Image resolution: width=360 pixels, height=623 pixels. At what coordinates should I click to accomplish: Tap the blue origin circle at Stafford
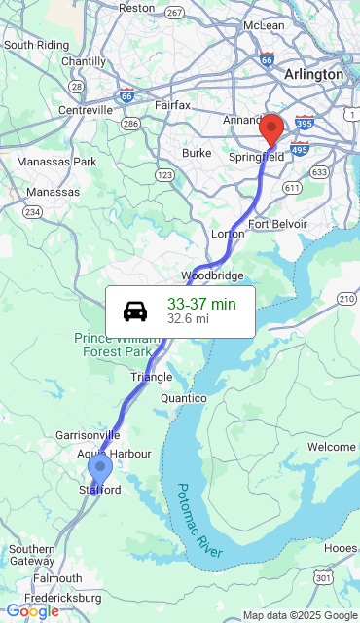(99, 467)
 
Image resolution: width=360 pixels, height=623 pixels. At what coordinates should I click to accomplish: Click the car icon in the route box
(135, 311)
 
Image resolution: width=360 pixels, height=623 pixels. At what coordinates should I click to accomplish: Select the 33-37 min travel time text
(201, 304)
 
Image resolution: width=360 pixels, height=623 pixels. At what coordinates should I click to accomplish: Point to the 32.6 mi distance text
(188, 318)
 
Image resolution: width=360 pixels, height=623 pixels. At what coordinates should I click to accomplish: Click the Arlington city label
(313, 74)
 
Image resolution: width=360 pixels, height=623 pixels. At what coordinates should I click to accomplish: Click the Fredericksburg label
(63, 596)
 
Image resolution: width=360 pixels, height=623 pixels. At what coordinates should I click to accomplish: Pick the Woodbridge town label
(212, 275)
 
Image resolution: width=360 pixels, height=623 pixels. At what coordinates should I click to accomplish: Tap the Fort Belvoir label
(277, 224)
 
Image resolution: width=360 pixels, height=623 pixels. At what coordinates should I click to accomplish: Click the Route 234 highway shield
(33, 212)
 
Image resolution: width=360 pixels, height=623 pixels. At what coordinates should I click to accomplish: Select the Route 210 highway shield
(346, 297)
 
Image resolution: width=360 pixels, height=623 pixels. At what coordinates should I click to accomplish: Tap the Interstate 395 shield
(304, 123)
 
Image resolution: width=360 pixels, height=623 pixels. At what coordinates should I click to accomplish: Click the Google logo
(31, 611)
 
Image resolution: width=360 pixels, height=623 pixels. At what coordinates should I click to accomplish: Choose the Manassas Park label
(56, 161)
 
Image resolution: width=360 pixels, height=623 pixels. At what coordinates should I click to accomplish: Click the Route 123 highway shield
(164, 175)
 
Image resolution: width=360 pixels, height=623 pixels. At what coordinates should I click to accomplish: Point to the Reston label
(136, 8)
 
